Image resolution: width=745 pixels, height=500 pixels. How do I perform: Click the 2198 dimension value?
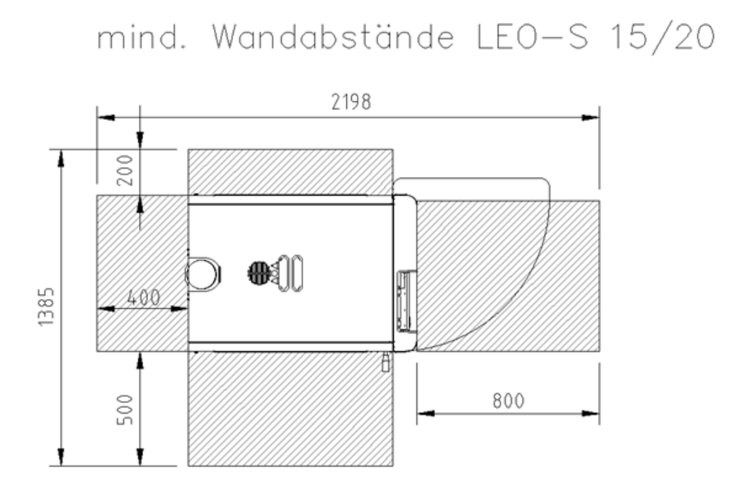point(351,102)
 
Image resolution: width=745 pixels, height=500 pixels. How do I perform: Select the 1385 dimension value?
point(46,306)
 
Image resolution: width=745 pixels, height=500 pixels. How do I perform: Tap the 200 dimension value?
point(126,170)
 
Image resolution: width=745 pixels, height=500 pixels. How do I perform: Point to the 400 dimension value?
point(144,297)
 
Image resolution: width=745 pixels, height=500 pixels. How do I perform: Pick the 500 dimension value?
point(126,409)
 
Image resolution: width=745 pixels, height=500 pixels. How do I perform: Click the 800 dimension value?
point(508,401)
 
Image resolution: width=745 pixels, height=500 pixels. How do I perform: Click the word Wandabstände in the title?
point(332,37)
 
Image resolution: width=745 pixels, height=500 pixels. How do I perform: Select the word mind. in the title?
point(142,37)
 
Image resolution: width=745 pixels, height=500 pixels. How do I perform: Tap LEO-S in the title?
point(532,37)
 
